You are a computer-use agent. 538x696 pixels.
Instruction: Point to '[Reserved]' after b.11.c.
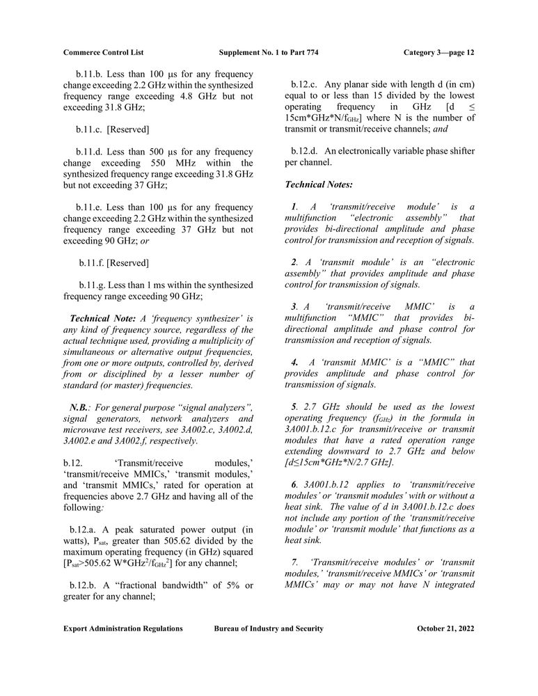[x=128, y=129]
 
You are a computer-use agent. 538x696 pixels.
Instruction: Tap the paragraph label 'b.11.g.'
[x=94, y=285]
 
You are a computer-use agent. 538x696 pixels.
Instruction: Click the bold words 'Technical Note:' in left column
[x=104, y=319]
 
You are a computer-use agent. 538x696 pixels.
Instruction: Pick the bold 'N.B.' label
[x=78, y=407]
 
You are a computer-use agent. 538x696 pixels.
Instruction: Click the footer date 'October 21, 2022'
[x=445, y=628]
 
